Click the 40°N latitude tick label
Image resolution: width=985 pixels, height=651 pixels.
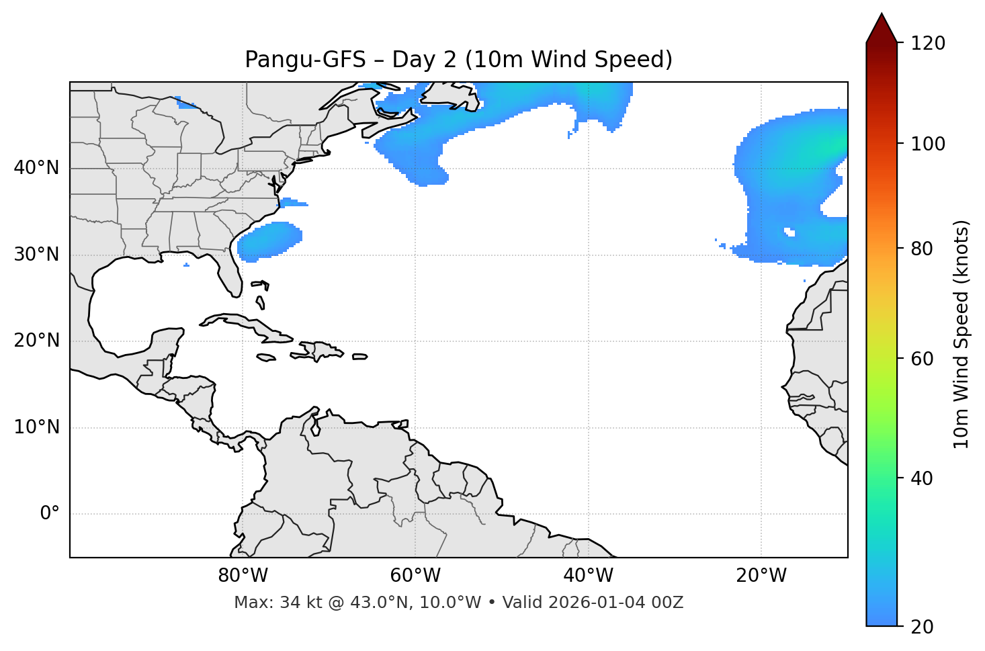point(36,168)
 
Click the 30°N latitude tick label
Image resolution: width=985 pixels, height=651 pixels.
point(36,255)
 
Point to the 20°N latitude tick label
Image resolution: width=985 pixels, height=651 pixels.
point(36,341)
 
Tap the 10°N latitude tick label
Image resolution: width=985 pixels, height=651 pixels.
point(36,427)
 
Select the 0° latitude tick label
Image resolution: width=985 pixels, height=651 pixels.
point(50,514)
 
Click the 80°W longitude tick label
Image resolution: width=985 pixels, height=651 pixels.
point(243,576)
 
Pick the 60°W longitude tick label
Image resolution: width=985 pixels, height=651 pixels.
point(415,576)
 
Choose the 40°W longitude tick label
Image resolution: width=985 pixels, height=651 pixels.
point(588,576)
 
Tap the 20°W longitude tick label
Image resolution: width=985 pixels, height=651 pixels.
point(761,576)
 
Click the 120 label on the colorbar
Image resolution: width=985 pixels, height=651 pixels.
point(927,43)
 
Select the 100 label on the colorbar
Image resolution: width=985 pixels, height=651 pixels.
point(927,144)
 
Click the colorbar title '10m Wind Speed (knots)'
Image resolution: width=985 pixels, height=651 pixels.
point(961,334)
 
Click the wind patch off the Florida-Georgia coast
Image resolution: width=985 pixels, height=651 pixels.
point(269,241)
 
